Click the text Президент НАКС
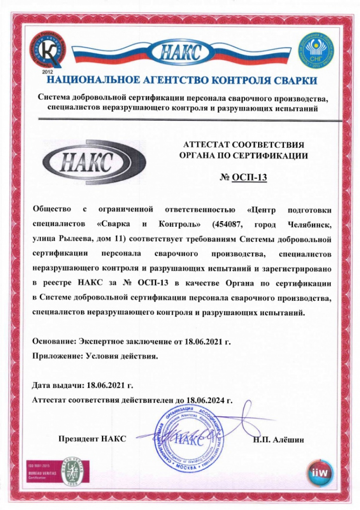point(92,439)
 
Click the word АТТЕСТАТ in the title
point(204,144)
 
